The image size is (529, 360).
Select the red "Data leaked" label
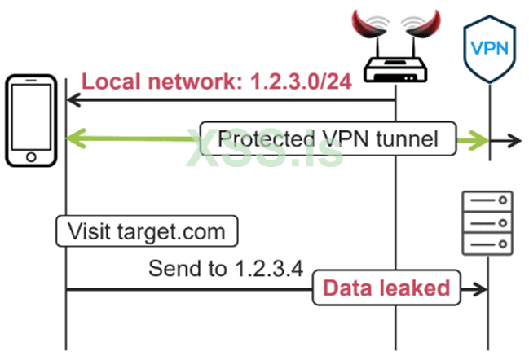(386, 288)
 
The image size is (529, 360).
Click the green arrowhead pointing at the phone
(74, 139)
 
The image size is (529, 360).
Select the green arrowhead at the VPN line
(480, 140)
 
